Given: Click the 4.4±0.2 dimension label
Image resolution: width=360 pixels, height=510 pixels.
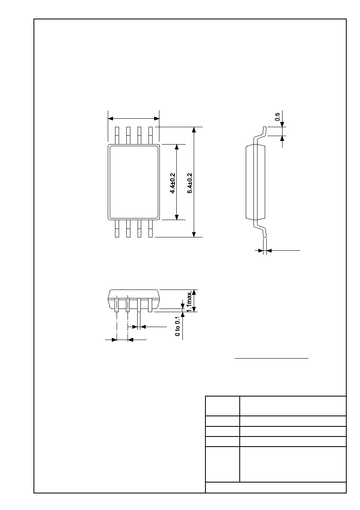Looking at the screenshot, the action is click(x=173, y=183).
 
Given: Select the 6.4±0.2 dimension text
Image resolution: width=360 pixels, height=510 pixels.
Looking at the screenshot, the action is click(x=190, y=183).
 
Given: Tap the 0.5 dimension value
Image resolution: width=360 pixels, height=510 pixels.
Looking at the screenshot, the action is click(x=277, y=117).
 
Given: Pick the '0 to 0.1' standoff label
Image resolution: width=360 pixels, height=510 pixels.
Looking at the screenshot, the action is click(x=178, y=326).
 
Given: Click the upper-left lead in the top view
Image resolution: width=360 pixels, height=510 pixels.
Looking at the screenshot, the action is click(x=117, y=136).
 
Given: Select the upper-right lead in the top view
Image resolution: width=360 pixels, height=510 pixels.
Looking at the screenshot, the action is click(x=151, y=136).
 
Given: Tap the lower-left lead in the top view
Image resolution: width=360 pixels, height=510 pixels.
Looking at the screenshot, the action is click(x=117, y=229).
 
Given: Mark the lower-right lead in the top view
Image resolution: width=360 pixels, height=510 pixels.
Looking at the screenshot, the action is click(x=151, y=229).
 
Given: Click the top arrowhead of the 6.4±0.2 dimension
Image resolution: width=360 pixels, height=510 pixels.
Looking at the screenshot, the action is click(x=194, y=130).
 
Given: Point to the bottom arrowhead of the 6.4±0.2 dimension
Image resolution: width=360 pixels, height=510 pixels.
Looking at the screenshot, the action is click(x=194, y=235).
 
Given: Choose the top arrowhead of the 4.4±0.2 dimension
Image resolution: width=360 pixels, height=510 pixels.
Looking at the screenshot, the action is click(x=177, y=147).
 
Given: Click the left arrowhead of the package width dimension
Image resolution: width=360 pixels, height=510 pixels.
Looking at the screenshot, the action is click(x=111, y=119).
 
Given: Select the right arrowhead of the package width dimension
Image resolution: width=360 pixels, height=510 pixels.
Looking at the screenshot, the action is click(x=157, y=119).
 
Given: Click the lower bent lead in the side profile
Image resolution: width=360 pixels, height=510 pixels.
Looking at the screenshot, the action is click(x=260, y=229).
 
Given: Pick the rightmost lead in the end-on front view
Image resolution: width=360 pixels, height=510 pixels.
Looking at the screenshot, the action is click(x=150, y=305).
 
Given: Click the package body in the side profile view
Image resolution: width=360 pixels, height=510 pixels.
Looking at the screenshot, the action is click(x=255, y=182).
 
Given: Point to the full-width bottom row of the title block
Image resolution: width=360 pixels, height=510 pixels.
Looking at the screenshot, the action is click(x=276, y=487).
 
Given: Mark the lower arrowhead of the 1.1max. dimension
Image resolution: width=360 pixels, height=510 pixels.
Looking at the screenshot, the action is click(x=194, y=309).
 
